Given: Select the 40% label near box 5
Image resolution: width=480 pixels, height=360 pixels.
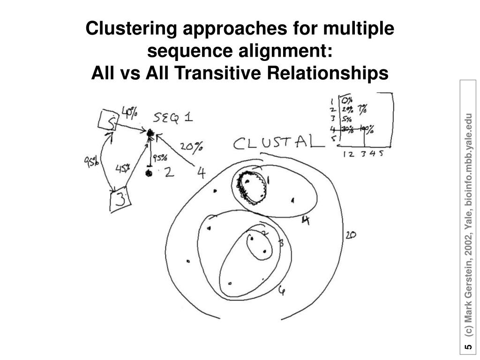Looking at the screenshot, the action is tap(129, 112).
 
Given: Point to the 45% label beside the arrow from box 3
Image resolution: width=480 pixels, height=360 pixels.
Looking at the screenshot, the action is tap(123, 168).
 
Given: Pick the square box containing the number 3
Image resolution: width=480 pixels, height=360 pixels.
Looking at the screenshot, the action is tap(120, 200).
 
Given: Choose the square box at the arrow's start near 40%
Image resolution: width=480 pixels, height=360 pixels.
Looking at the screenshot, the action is tap(107, 121).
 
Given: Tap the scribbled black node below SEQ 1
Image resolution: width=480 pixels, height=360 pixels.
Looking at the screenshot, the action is tap(150, 134).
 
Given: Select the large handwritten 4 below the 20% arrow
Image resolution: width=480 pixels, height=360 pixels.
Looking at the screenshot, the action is tap(201, 173).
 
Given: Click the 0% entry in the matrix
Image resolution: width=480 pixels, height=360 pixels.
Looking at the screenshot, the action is tap(347, 100).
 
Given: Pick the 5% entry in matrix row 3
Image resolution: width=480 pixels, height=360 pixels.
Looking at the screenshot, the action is tap(346, 119).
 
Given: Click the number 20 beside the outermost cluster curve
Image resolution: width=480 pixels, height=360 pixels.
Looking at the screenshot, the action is tap(350, 235).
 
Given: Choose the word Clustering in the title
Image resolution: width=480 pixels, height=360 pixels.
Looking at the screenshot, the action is tap(131, 29).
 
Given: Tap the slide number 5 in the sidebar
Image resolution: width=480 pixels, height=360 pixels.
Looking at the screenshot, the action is tap(468, 347).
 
